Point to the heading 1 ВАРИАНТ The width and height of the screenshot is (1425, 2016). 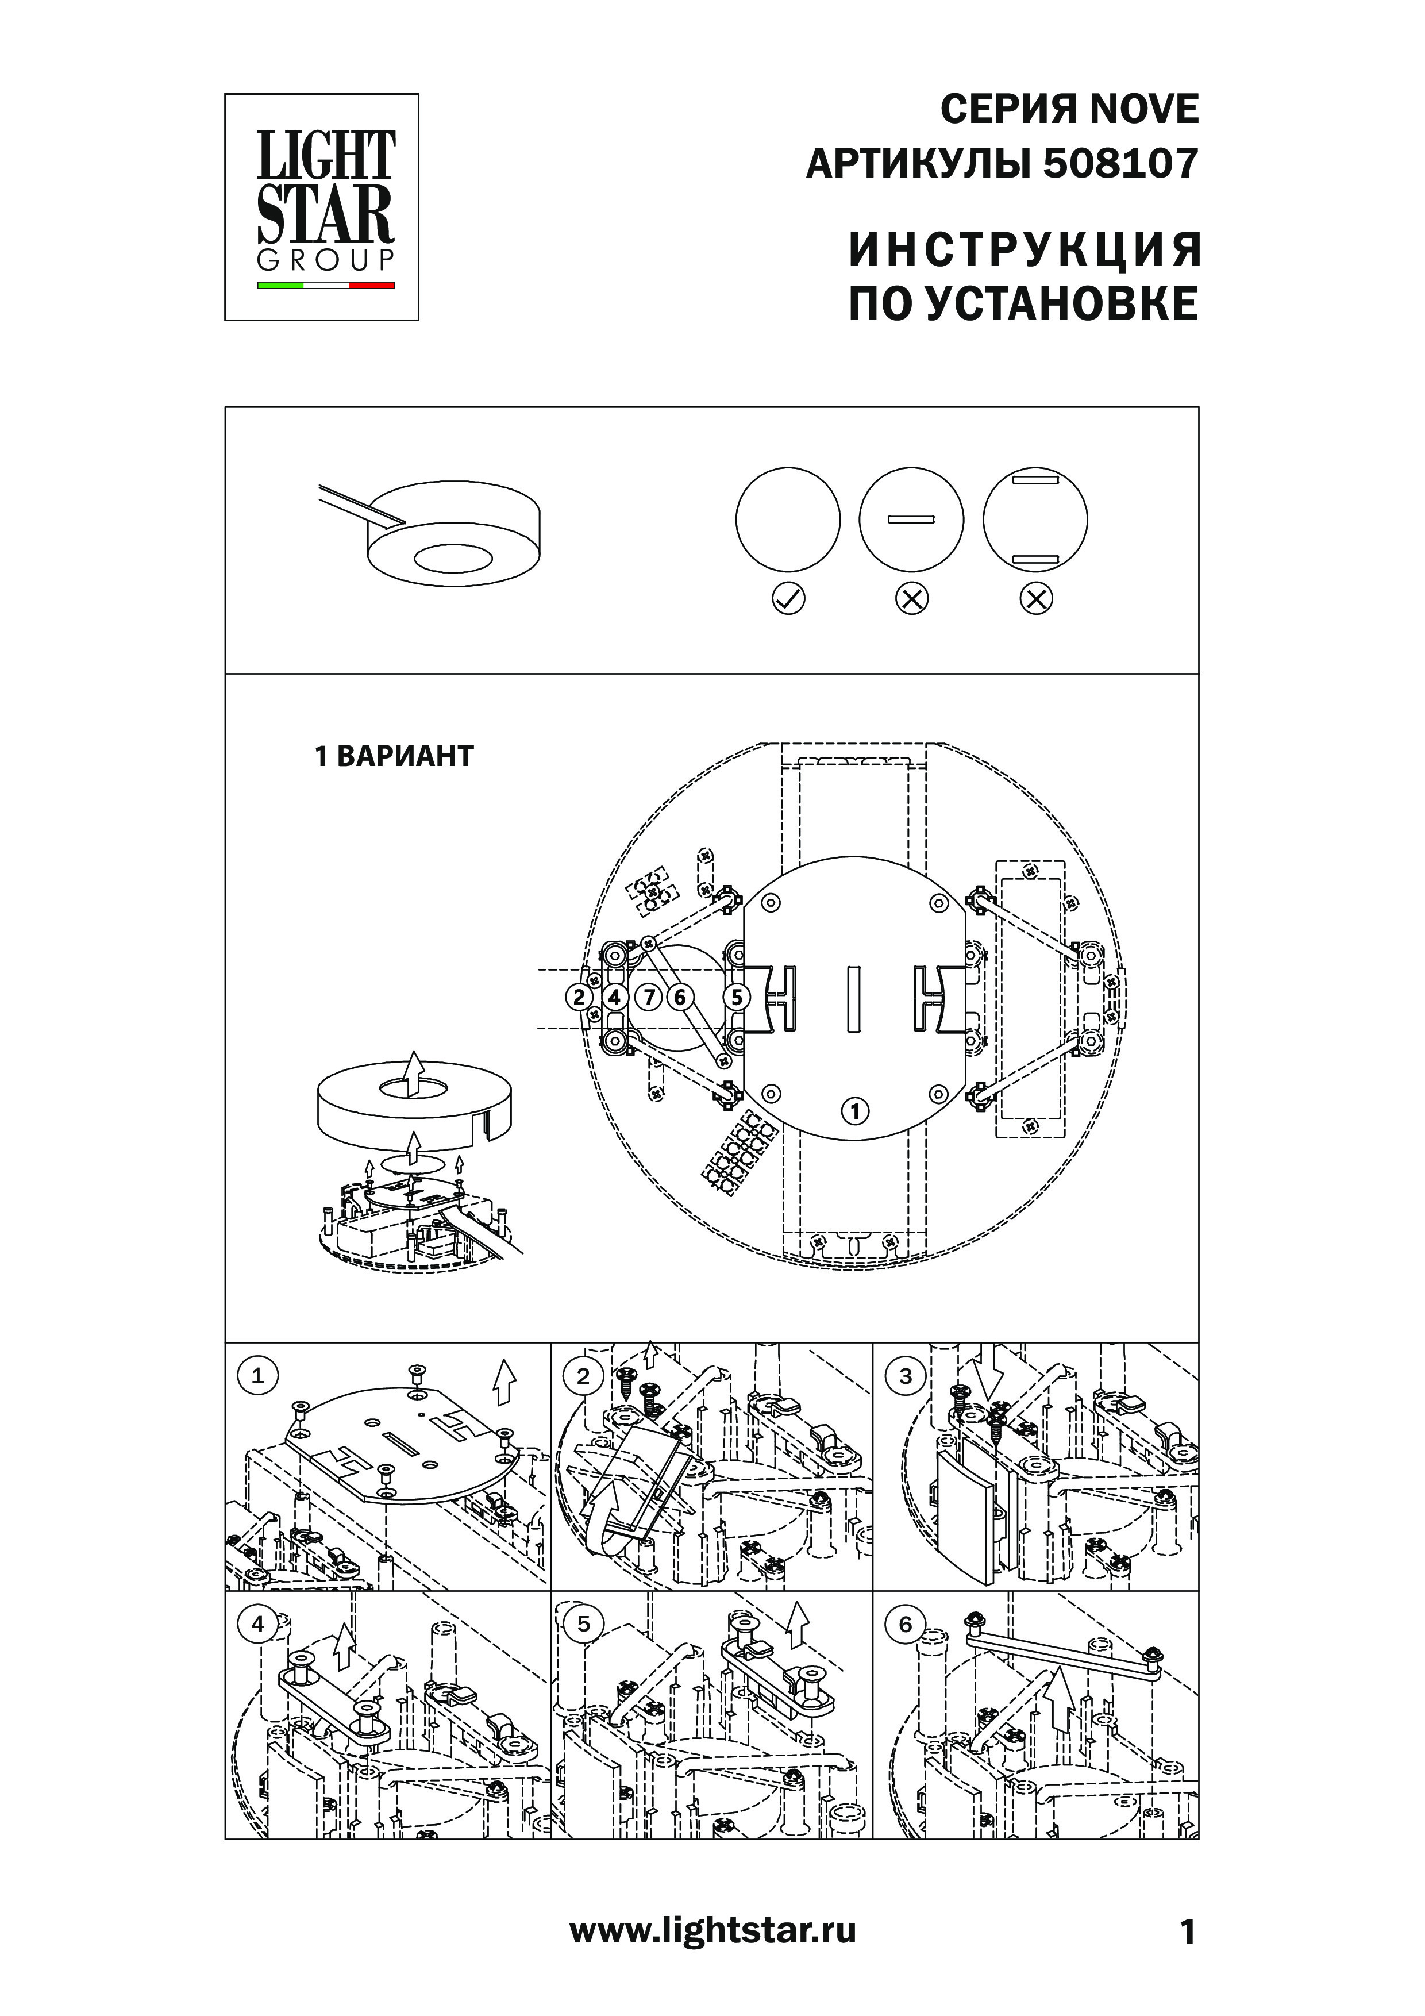[394, 756]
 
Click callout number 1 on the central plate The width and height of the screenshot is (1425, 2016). [854, 1111]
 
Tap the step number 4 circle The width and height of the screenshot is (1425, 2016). [257, 1625]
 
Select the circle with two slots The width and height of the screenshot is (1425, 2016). [1035, 520]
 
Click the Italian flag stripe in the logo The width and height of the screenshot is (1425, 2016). [326, 286]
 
